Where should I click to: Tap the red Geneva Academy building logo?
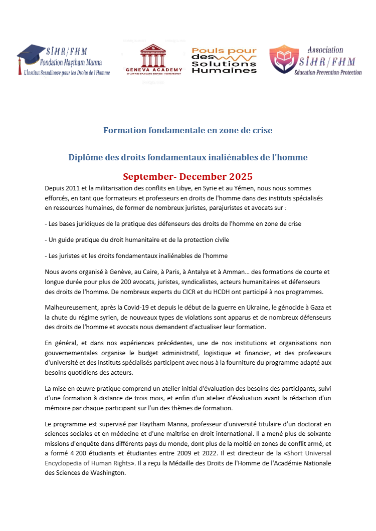153,56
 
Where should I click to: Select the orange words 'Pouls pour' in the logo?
224,51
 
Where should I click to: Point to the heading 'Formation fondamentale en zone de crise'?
187,130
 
